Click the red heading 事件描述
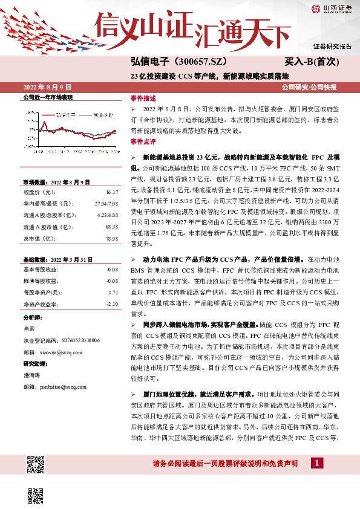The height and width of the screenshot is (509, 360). [x=143, y=98]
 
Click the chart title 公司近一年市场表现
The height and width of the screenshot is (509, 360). [x=48, y=97]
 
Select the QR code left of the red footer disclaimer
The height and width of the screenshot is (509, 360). [x=36, y=464]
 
